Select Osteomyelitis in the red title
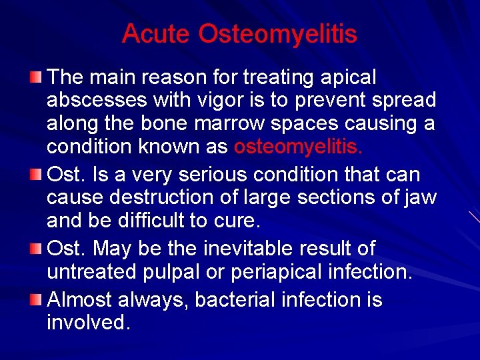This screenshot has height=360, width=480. click(x=278, y=35)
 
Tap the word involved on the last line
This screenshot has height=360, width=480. click(x=87, y=323)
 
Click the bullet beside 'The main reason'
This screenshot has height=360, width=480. click(x=35, y=79)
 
